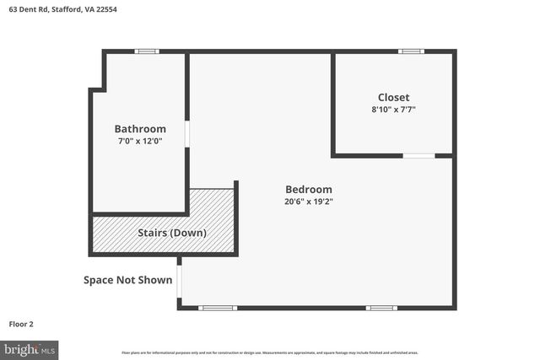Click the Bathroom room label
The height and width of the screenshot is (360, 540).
[140, 129]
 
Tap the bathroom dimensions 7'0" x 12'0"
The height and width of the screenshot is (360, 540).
[140, 142]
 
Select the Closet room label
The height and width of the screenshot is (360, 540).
[393, 97]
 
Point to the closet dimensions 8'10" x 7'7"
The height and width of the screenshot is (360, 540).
[393, 110]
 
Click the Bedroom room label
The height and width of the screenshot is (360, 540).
[308, 190]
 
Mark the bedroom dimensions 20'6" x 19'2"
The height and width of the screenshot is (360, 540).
[308, 202]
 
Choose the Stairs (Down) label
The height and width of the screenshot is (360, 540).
[172, 233]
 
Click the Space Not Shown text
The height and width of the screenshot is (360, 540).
[127, 280]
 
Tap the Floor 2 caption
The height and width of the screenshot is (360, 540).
[21, 323]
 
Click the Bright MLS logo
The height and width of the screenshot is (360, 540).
[30, 348]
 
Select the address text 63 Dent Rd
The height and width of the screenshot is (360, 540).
[25, 9]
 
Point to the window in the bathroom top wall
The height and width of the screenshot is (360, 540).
[147, 51]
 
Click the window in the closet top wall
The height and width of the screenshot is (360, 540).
[411, 51]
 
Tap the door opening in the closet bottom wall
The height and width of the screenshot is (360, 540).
[418, 156]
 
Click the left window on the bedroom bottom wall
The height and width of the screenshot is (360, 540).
[218, 308]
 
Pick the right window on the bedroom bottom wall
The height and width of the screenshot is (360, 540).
[381, 308]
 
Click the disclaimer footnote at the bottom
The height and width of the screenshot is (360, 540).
[270, 352]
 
